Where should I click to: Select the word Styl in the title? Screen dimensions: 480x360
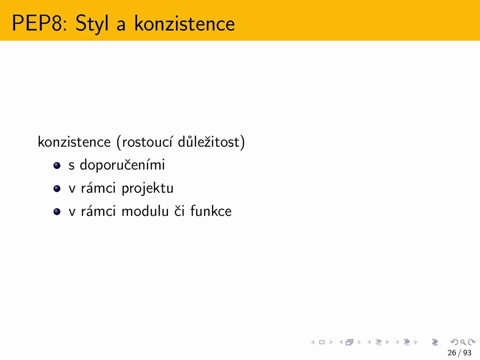(92, 24)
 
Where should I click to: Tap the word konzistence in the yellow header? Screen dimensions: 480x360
(184, 23)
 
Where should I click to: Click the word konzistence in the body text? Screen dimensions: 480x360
(74, 142)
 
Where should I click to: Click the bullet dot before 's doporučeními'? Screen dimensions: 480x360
(57, 165)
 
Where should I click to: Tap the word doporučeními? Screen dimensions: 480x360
(122, 165)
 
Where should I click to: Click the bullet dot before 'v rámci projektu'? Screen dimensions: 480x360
(57, 188)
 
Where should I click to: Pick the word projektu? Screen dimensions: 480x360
(148, 188)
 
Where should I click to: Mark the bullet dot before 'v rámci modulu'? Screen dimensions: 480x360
(57, 211)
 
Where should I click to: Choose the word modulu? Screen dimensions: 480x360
(145, 211)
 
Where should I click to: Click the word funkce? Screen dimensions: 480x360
(211, 211)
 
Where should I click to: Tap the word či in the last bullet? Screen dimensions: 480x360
(179, 211)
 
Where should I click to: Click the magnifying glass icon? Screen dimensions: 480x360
(463, 342)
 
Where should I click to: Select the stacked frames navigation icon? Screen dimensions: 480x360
(349, 342)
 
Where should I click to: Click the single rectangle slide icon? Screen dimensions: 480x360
(322, 342)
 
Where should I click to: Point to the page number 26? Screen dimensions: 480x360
(452, 352)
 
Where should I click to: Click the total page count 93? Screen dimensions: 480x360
(467, 352)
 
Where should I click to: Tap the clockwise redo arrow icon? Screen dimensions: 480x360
(472, 342)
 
